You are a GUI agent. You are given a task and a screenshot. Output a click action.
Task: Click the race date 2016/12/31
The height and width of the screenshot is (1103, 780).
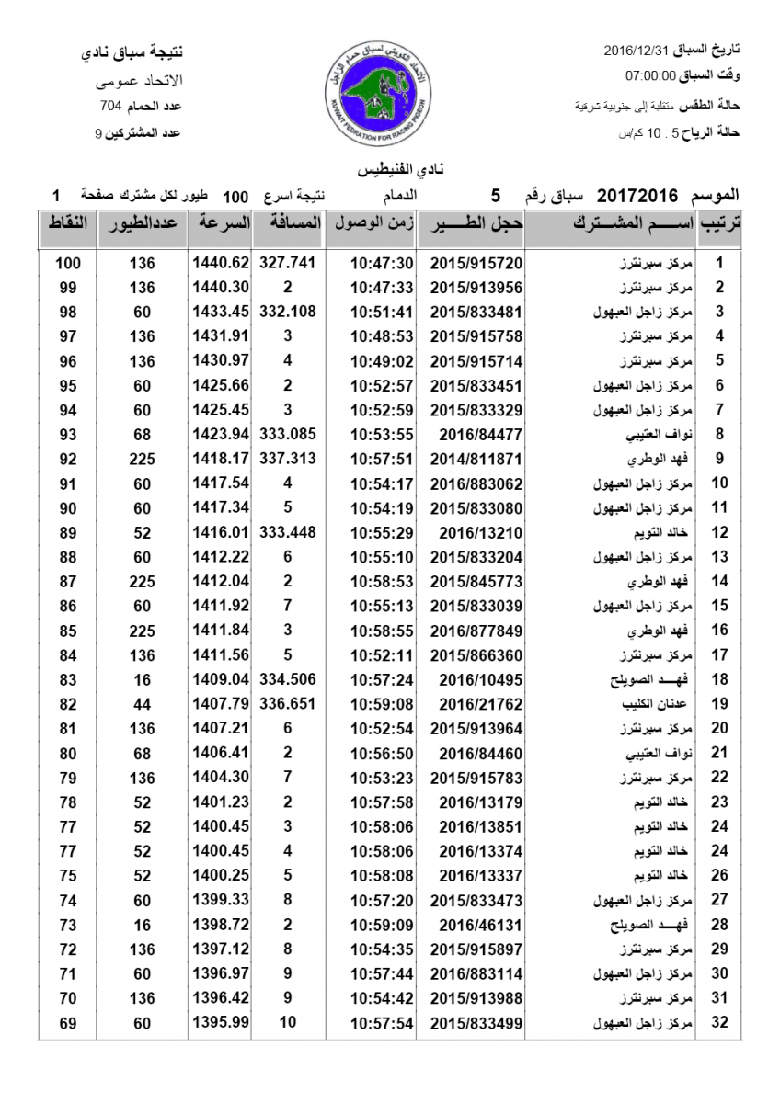pyautogui.click(x=641, y=48)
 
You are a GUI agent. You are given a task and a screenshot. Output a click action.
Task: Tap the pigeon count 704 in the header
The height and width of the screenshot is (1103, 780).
pyautogui.click(x=111, y=107)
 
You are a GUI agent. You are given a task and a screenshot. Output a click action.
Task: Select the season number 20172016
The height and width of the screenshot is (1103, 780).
pyautogui.click(x=637, y=196)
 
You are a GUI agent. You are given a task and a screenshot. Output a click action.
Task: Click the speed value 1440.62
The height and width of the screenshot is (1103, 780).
pyautogui.click(x=221, y=263)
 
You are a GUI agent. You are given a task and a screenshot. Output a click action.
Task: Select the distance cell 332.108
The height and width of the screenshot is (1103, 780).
pyautogui.click(x=288, y=312)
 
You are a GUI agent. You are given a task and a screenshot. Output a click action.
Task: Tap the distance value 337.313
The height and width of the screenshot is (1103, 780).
pyautogui.click(x=288, y=459)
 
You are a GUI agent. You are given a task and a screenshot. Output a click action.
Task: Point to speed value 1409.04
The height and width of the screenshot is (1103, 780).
pyautogui.click(x=221, y=679)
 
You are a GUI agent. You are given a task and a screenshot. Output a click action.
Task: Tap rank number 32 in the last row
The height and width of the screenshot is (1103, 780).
pyautogui.click(x=720, y=1022)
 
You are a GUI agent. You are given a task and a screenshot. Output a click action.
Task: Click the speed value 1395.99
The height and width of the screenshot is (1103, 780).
pyautogui.click(x=221, y=1022)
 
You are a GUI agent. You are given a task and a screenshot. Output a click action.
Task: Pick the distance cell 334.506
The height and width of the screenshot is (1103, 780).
pyautogui.click(x=288, y=679)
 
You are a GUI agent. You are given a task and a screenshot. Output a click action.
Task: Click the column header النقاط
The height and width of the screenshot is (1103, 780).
pyautogui.click(x=67, y=224)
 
